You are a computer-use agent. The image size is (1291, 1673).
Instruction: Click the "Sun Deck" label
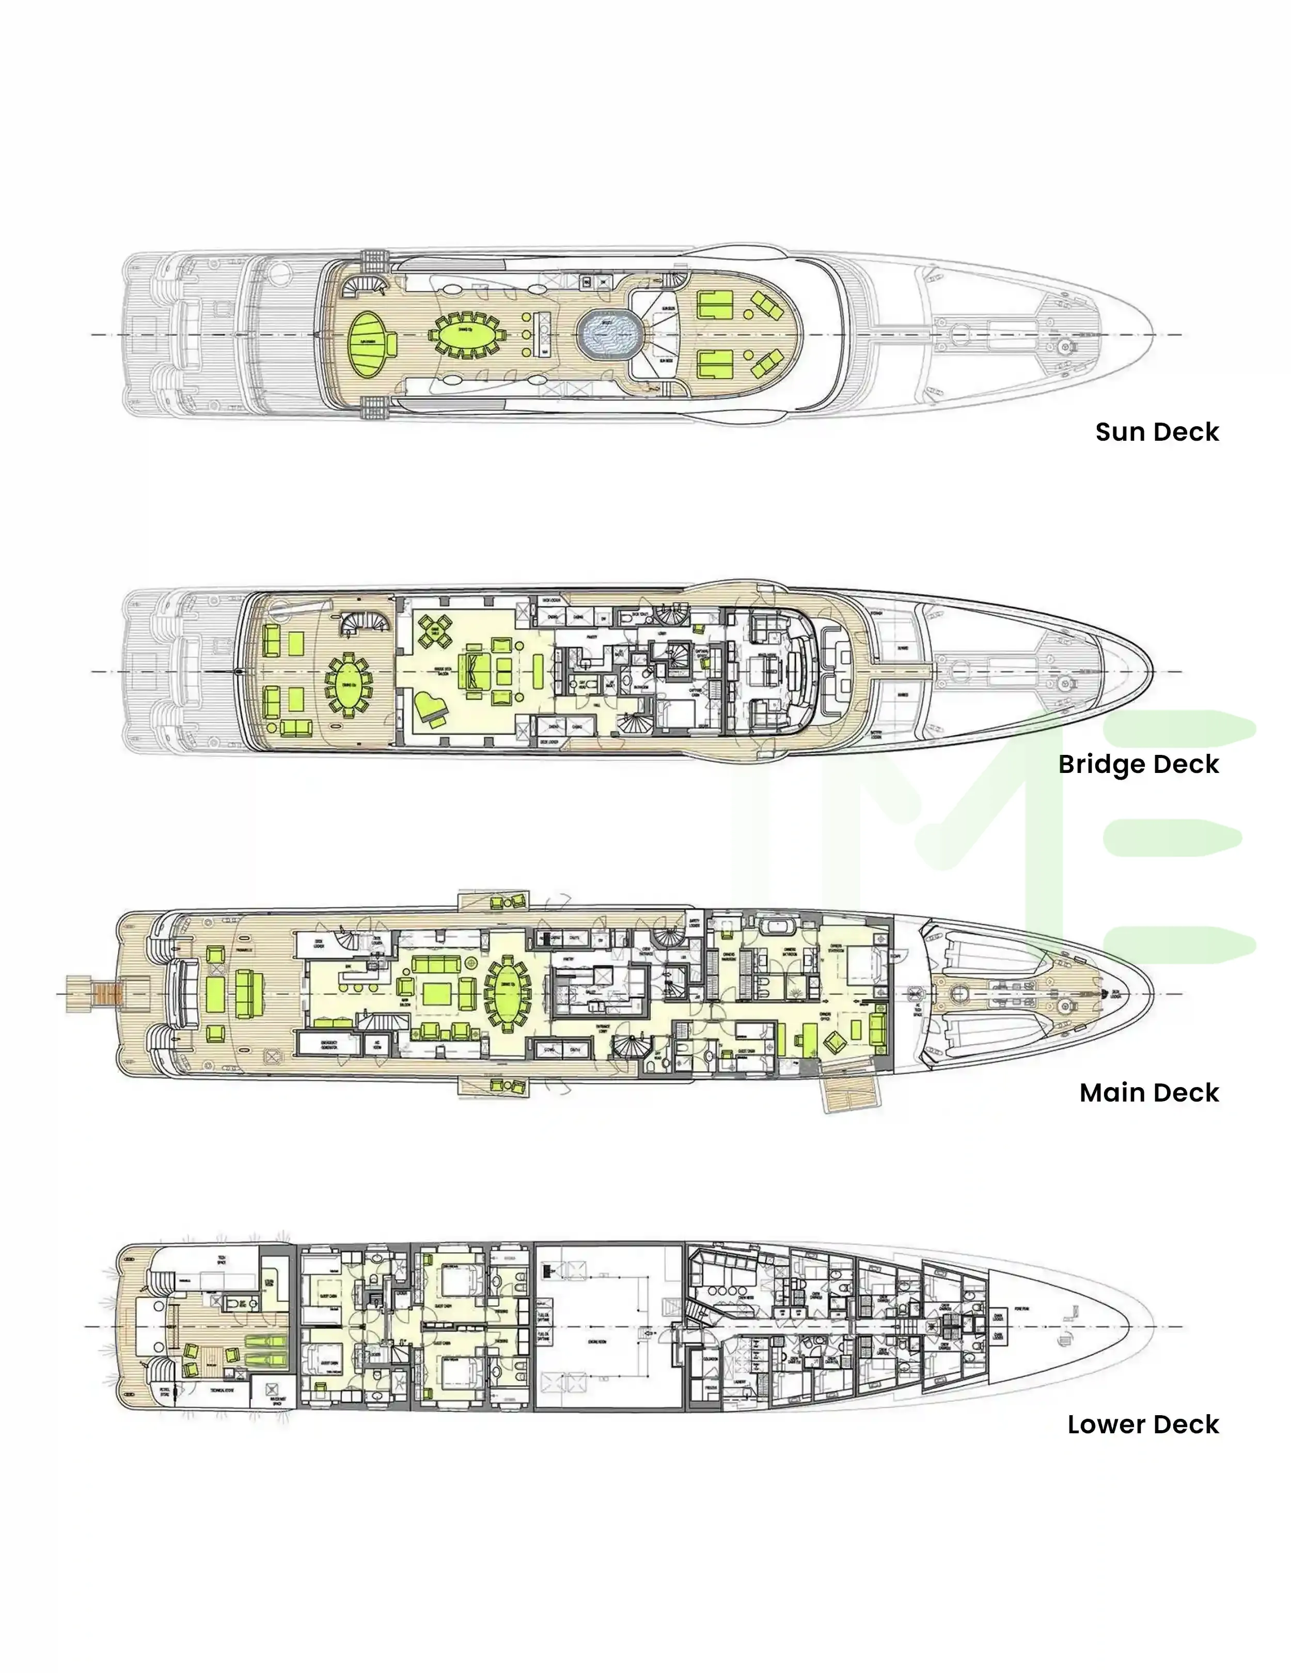point(1156,432)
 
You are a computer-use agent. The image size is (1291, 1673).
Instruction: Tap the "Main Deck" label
point(1148,1092)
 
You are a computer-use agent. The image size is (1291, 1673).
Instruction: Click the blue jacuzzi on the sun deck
point(605,335)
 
